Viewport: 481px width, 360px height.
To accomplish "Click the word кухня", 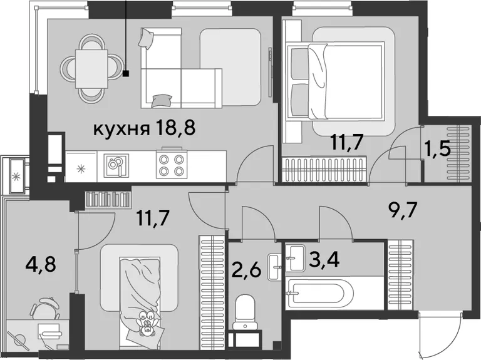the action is pos(122,129).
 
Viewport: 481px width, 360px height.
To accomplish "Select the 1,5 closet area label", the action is pos(440,150).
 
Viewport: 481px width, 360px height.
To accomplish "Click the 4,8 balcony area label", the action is pos(41,264).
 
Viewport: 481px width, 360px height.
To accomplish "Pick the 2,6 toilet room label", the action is pos(246,270).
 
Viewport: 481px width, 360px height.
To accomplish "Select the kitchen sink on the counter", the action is pos(116,165).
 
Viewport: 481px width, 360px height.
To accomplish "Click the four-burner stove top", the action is pos(172,165).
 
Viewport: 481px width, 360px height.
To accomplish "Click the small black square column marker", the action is pos(126,73).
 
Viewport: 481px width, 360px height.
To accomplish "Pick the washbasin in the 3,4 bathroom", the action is pos(295,258).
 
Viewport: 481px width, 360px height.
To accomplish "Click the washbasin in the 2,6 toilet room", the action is pos(274,267).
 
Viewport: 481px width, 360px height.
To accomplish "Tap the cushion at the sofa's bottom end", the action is pos(161,101).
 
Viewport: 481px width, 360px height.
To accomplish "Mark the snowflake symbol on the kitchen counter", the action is pos(81,168).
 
